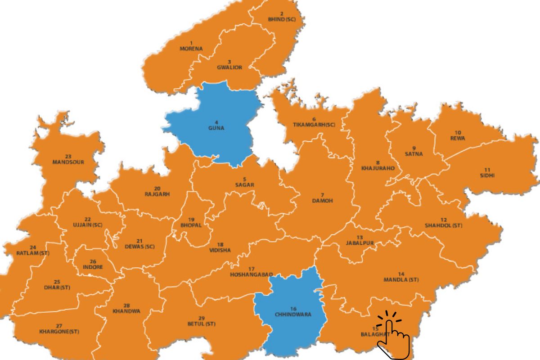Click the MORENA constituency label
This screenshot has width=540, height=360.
[x=191, y=49]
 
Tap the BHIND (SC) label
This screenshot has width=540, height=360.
[x=282, y=20]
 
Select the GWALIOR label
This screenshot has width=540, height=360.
[x=229, y=67]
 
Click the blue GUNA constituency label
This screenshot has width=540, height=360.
[x=216, y=128]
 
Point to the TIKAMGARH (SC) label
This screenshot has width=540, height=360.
[x=314, y=124]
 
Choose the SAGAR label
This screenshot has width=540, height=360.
[x=245, y=185]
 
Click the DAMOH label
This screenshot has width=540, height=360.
[x=322, y=201]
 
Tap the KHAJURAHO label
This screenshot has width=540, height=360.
[x=378, y=168]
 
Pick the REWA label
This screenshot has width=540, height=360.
[x=458, y=138]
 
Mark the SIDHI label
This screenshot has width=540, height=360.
[x=487, y=175]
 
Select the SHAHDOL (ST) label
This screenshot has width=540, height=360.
[x=444, y=225]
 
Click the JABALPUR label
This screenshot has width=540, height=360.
[x=360, y=243]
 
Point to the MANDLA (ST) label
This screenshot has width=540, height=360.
[x=401, y=279]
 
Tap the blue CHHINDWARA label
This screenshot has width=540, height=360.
[x=293, y=315]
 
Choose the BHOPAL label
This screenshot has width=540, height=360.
[x=191, y=225]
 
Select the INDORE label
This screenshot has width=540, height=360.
[x=93, y=267]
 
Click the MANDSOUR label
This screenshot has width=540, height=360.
[x=68, y=162]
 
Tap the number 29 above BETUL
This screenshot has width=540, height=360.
[x=202, y=318]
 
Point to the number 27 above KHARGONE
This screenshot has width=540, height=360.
[x=59, y=326]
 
